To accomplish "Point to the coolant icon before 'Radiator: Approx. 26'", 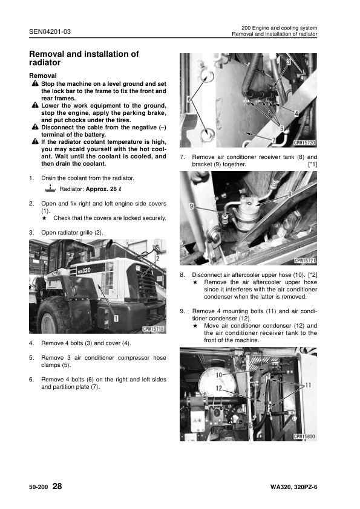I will [x=50, y=189].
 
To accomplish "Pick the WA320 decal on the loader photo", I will [x=80, y=270].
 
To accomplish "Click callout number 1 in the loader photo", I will [x=115, y=317].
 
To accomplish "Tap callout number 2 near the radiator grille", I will [x=157, y=258].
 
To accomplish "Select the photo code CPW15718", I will [x=154, y=329].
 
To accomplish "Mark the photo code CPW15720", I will [x=305, y=144].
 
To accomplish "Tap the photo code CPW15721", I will [x=305, y=261].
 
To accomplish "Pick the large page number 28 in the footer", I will [x=57, y=486].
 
